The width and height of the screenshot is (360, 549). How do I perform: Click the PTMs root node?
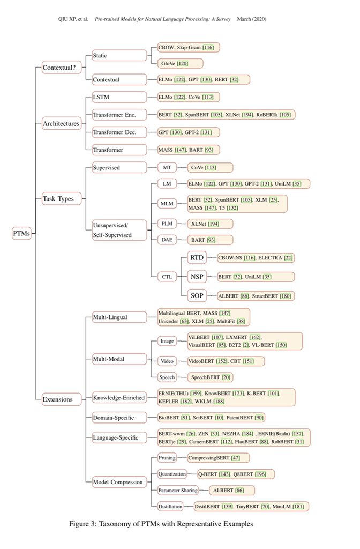21,233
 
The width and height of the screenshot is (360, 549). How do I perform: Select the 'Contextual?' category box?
62,67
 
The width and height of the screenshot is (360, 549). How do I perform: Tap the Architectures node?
62,123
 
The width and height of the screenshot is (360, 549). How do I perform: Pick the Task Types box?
62,198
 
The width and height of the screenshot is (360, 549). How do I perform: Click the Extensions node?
62,399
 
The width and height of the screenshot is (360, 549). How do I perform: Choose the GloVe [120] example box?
180,63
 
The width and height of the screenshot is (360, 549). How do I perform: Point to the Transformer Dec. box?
119,132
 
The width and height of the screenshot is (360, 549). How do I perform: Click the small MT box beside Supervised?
167,168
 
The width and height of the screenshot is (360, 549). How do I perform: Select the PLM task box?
167,224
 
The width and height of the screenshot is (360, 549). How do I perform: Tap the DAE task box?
167,240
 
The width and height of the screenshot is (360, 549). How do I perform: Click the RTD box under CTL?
197,258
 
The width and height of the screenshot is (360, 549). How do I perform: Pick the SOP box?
197,295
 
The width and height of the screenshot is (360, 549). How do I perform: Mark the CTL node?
167,277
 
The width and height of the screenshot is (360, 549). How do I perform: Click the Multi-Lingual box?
119,317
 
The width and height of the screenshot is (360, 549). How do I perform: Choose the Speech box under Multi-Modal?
167,377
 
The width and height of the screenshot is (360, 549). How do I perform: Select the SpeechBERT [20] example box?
210,377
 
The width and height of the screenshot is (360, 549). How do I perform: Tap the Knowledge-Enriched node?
119,398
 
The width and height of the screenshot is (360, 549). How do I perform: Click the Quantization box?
172,474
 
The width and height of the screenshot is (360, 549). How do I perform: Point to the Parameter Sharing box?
178,491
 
